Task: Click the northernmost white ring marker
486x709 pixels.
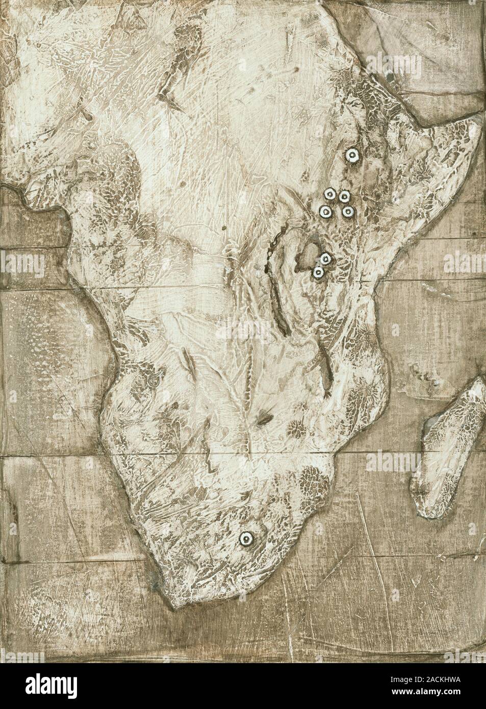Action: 352,156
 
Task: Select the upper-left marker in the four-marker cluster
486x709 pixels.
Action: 329,194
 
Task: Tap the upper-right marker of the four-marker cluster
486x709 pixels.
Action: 344,197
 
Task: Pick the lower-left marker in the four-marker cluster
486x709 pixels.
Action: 324,211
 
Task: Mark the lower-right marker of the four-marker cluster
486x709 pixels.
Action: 348,211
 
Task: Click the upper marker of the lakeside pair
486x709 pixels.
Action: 325,259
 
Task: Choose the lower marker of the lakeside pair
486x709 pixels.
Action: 318,273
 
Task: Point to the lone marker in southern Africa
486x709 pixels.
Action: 246,539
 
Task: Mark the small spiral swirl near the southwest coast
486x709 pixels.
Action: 152,381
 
